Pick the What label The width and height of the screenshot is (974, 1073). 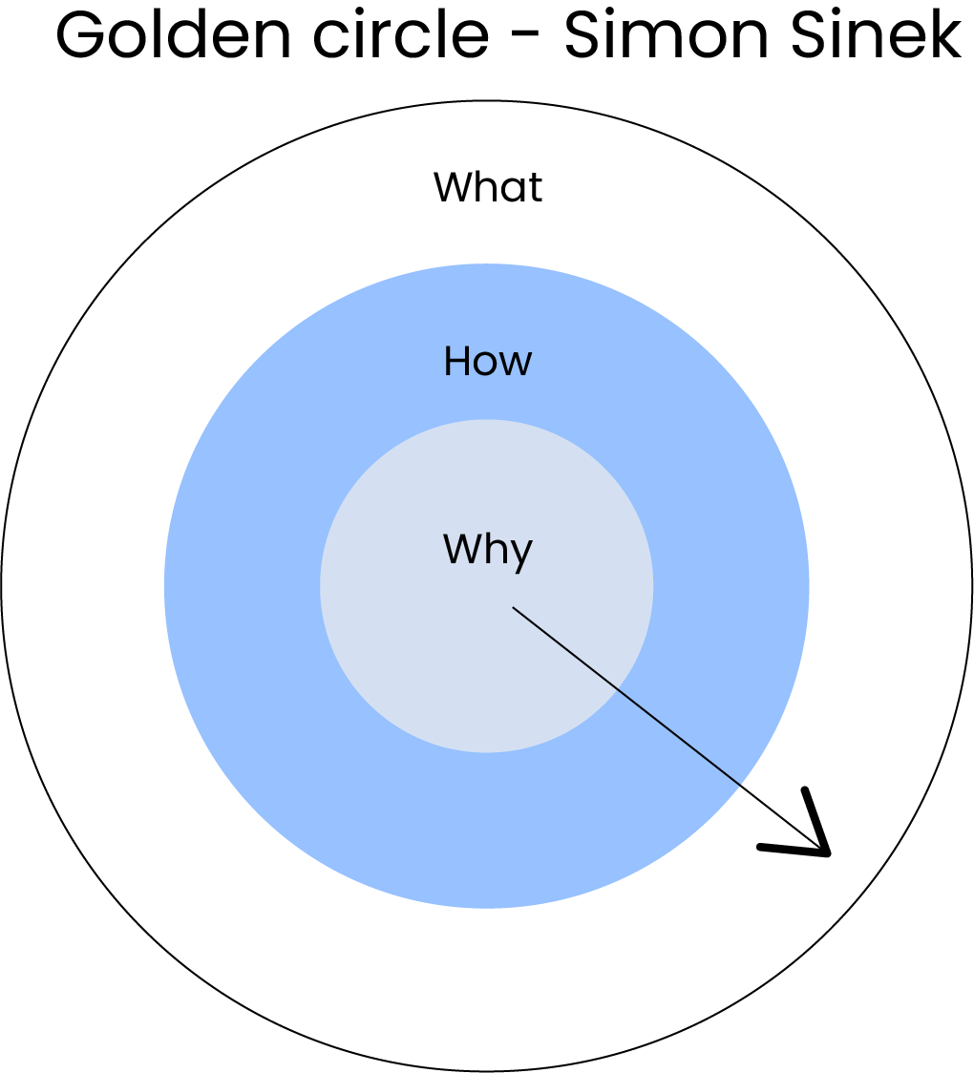[x=488, y=187]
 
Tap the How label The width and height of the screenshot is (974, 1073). [x=487, y=362]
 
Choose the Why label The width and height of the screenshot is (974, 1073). [x=487, y=551]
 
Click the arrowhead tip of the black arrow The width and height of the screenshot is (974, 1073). [x=829, y=852]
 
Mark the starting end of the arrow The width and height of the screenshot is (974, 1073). [x=514, y=607]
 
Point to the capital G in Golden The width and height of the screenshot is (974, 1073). [x=80, y=36]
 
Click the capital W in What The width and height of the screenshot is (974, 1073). [x=454, y=187]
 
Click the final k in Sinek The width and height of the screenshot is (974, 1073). [x=945, y=36]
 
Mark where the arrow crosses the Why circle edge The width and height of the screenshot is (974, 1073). [x=618, y=688]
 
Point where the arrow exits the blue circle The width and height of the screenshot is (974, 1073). [x=743, y=786]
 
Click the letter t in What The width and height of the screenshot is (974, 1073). [x=536, y=188]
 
